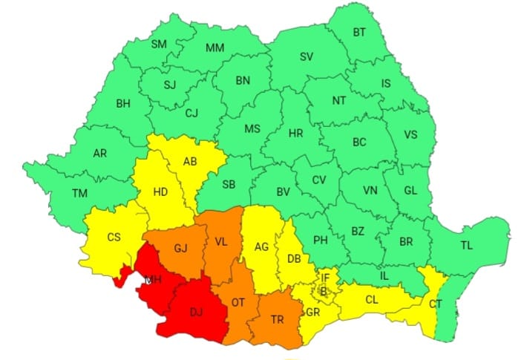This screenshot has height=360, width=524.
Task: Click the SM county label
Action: point(159,44)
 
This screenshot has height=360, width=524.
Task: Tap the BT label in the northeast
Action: point(359,33)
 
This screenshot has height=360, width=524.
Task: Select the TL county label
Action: point(466,244)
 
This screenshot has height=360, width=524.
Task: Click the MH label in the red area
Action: point(154,280)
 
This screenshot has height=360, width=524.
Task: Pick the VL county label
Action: point(221,241)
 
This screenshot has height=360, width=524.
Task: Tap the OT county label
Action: point(238,303)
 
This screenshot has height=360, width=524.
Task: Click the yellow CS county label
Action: point(114,238)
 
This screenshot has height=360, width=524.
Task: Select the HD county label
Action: point(160,192)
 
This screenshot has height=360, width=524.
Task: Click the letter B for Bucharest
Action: point(324,290)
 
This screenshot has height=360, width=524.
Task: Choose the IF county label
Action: point(324,278)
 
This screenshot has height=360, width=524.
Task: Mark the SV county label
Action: point(306,56)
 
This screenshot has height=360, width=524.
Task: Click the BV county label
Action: point(283,192)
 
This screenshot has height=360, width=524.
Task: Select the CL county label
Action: point(372,300)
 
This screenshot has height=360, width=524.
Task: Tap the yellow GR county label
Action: point(312,312)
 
